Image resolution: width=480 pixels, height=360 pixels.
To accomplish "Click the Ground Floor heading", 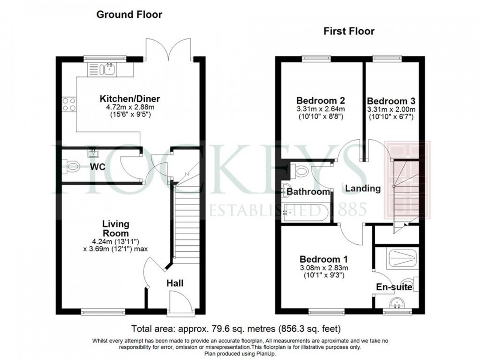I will [x=129, y=14].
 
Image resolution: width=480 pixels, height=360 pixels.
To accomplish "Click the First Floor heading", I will [x=348, y=31].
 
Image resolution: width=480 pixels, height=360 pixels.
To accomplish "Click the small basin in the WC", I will [x=93, y=153].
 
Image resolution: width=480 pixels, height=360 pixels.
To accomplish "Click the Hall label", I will [x=175, y=283].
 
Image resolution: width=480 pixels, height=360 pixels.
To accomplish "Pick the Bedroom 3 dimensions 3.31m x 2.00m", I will [x=391, y=109].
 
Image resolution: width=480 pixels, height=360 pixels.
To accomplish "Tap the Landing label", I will [x=363, y=189].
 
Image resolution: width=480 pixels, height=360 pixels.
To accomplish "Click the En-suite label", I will [x=394, y=287].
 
